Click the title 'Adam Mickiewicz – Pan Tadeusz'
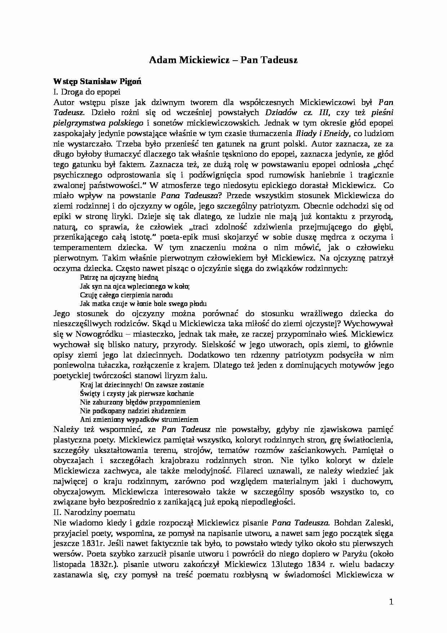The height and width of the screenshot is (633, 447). [x=223, y=60]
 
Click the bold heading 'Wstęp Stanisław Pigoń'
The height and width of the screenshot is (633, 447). [x=97, y=82]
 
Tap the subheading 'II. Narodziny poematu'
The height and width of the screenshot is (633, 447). [x=94, y=512]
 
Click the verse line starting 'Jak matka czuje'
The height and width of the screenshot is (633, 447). [x=143, y=304]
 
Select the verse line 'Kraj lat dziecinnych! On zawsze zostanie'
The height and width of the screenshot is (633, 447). [x=142, y=385]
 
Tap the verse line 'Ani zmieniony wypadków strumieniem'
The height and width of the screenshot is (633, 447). [x=139, y=419]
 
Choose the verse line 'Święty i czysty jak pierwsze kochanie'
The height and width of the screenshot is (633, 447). [x=137, y=393]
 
